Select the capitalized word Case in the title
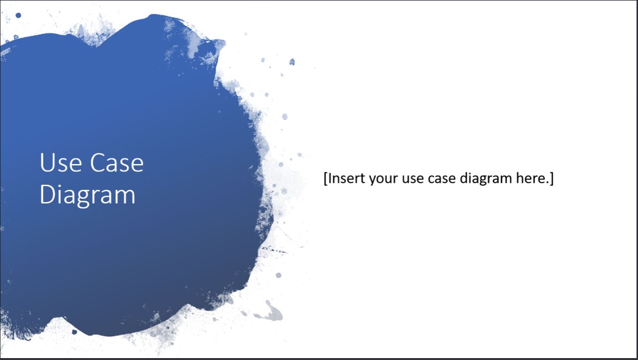[x=117, y=163]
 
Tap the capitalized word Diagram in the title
[x=87, y=195]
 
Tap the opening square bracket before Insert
[x=326, y=179]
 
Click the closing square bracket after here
[x=552, y=179]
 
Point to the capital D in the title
[x=46, y=195]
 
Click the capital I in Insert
[x=330, y=179]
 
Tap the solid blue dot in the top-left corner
[x=18, y=16]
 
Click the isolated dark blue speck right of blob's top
[x=292, y=62]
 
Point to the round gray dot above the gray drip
[x=278, y=275]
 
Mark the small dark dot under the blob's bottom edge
[x=74, y=332]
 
